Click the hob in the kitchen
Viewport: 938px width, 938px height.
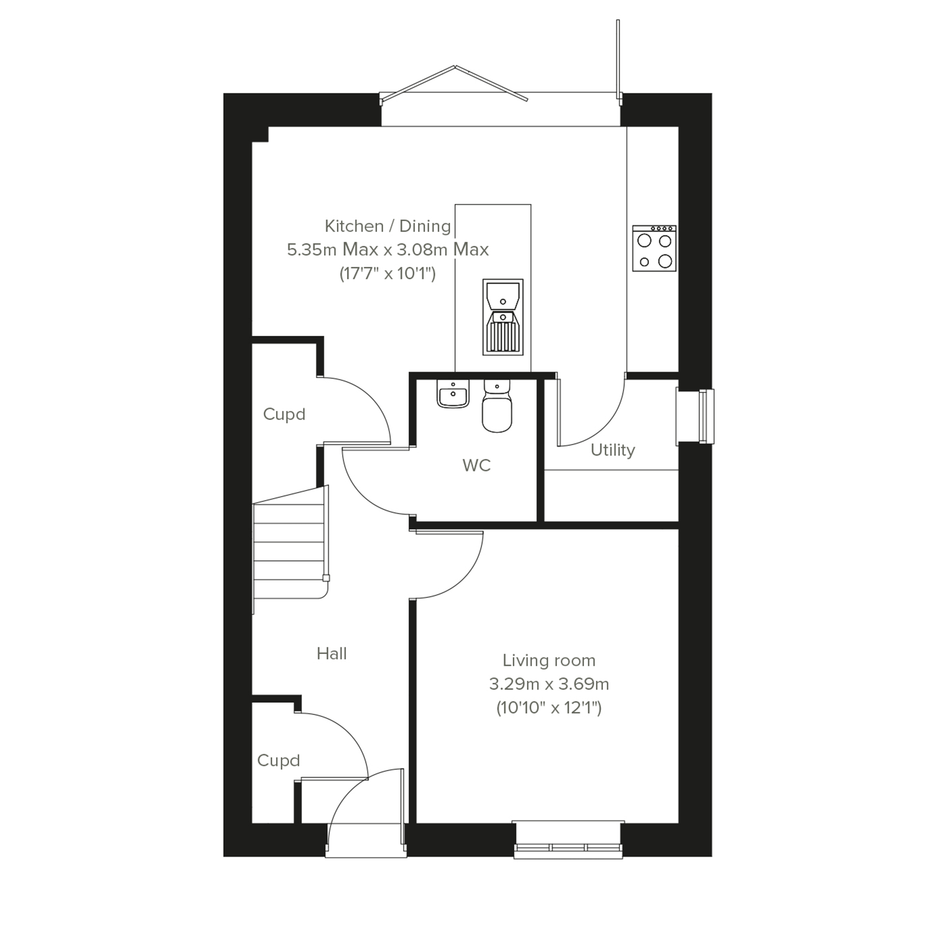pos(654,248)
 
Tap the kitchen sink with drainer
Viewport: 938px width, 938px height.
pos(503,316)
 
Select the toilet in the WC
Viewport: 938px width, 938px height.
pos(497,406)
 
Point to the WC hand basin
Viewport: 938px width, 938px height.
pos(453,393)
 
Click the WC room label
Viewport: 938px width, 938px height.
pos(476,465)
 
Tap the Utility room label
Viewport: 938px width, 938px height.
pos(613,450)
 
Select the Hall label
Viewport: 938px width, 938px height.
pos(332,654)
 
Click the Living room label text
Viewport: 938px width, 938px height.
pos(548,660)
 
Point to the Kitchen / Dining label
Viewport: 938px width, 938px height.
pos(387,226)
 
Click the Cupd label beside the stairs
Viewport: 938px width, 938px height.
pos(284,414)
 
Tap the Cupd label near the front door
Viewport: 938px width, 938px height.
pos(278,760)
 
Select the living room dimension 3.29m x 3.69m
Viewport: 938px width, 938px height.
pos(548,684)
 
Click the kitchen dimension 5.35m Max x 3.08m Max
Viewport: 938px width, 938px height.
pos(387,250)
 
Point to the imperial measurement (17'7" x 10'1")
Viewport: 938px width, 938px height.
pos(387,274)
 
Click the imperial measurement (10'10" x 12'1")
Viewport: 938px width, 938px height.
pos(548,708)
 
